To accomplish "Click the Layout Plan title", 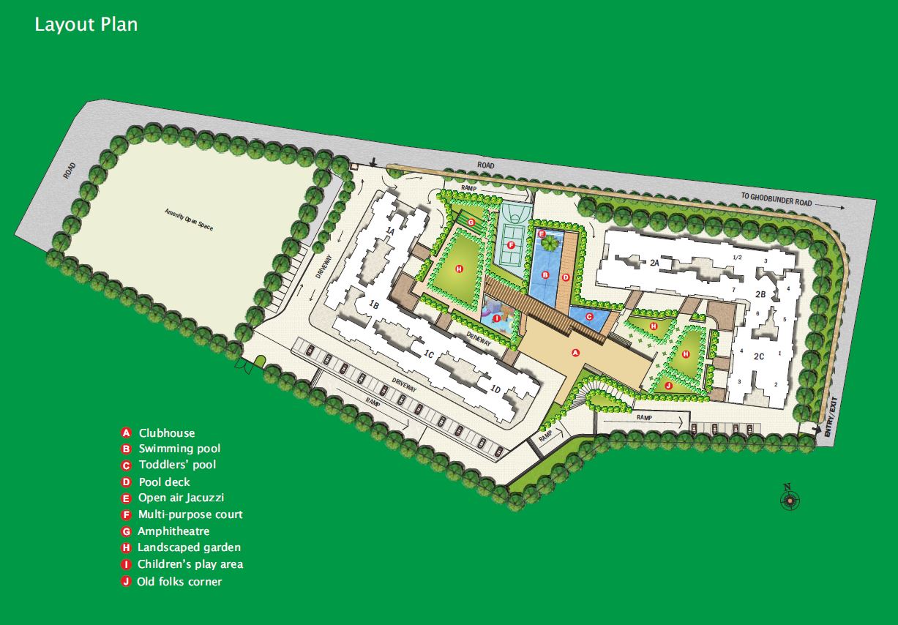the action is point(86,24).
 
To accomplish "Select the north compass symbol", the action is point(789,500).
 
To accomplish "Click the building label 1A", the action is point(391,231).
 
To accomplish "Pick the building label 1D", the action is point(495,389).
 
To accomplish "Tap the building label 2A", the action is point(655,261).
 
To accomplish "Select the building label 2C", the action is point(759,356).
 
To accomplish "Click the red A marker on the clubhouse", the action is point(575,352).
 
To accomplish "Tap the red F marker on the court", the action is point(511,245).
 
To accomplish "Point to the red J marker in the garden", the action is point(668,385).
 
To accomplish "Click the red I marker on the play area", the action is point(497,318).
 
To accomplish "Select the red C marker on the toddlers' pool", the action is point(588,316).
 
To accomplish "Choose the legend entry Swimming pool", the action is point(179,449).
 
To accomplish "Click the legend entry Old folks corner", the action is point(179,582).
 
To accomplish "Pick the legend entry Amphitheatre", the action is point(173,531).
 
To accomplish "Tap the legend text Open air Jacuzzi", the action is point(176,498).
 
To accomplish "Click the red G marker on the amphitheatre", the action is point(471,221).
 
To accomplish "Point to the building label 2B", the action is point(760,294).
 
